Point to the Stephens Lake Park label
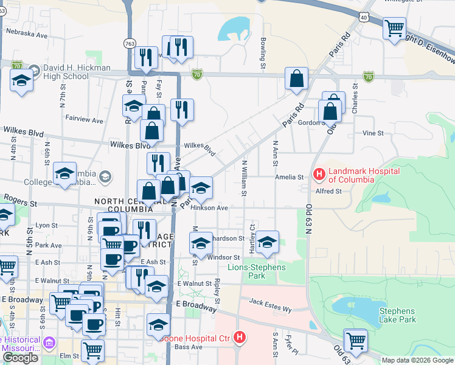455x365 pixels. [x=397, y=315]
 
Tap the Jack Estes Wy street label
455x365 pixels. [x=271, y=305]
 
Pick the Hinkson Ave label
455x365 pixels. [x=209, y=207]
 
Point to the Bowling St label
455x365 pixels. [x=263, y=52]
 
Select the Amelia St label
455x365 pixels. [x=291, y=177]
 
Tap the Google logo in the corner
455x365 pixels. [x=21, y=358]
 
